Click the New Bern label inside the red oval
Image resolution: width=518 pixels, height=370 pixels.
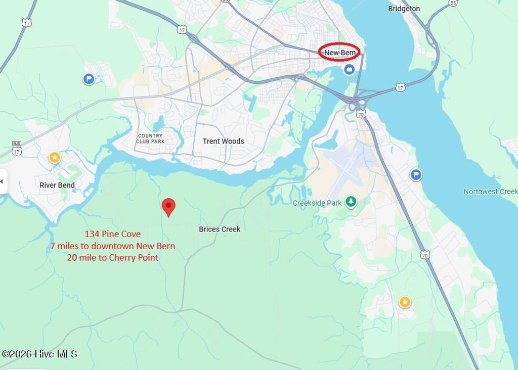click(x=339, y=53)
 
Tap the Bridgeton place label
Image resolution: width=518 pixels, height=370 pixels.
click(x=404, y=9)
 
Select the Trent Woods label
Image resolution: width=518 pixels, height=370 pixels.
click(x=223, y=142)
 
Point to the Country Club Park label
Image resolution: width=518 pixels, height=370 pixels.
click(x=150, y=138)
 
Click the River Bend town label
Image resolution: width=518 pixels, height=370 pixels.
click(x=57, y=185)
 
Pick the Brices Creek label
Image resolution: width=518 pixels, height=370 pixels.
click(x=220, y=229)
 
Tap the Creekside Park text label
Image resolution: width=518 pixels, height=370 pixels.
click(x=317, y=203)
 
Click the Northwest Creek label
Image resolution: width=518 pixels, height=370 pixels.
click(x=490, y=192)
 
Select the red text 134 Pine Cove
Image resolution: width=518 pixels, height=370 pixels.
click(x=112, y=234)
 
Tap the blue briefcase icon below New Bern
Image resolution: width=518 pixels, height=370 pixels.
click(x=349, y=70)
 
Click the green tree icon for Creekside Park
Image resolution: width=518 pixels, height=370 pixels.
click(x=351, y=203)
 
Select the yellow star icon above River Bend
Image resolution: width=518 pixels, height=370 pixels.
click(x=55, y=158)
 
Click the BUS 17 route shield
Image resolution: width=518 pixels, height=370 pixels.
click(x=17, y=148)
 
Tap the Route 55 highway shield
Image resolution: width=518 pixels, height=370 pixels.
click(x=452, y=3)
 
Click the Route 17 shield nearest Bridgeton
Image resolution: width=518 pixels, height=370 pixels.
click(x=400, y=87)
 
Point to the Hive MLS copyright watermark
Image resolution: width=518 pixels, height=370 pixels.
click(x=39, y=354)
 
